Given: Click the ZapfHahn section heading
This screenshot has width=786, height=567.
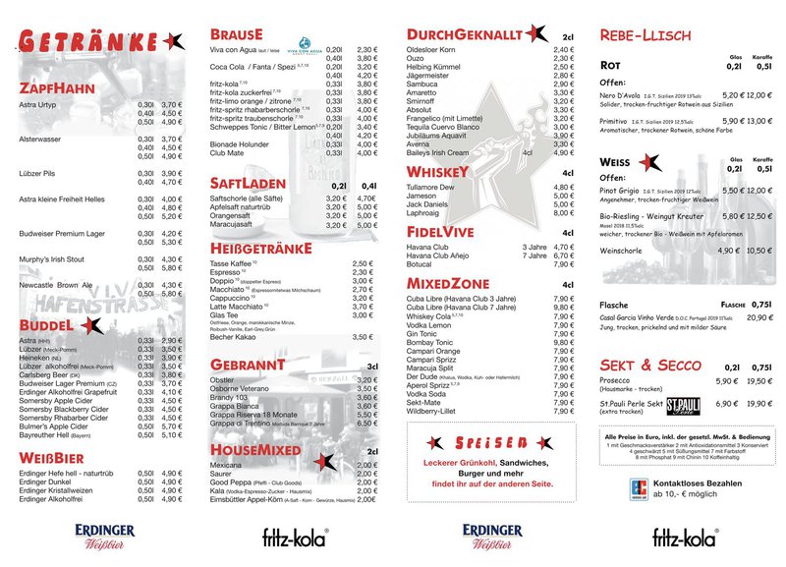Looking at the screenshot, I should point(56,88).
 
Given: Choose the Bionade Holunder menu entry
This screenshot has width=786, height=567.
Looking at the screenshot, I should point(240,143).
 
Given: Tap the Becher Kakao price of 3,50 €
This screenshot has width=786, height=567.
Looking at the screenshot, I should point(363,336).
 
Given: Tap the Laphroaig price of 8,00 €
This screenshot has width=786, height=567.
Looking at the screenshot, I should point(563,212).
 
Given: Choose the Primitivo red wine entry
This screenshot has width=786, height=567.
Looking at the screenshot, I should point(618,121).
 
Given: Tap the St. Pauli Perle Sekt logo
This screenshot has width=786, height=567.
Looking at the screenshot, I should point(683,404).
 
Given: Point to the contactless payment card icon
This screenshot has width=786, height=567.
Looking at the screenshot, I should point(639,485).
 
